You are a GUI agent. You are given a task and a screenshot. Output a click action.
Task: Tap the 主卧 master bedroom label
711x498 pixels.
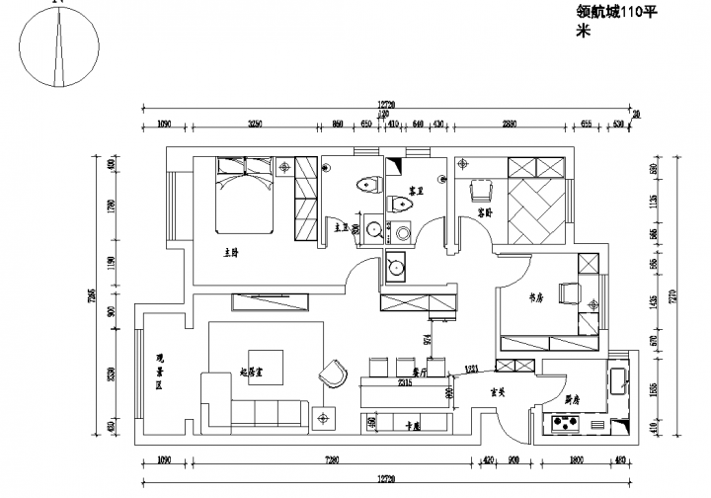(231, 253)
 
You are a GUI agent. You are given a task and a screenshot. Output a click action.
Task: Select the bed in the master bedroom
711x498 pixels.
(244, 194)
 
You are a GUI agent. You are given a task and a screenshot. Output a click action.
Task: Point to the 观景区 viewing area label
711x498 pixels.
(158, 373)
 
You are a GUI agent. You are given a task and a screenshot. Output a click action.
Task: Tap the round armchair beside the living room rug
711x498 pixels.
(333, 373)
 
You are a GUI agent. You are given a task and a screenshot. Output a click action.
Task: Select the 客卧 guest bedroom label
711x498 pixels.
(484, 212)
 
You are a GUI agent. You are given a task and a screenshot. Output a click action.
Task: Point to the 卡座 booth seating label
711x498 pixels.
(414, 426)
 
